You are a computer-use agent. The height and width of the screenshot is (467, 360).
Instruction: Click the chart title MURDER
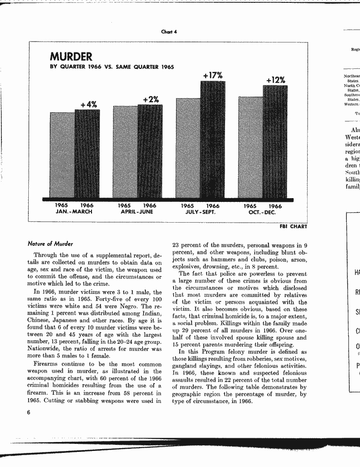coord(71,57)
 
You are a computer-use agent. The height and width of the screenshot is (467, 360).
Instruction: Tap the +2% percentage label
coord(150,99)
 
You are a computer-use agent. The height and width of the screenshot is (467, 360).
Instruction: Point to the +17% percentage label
coord(213,75)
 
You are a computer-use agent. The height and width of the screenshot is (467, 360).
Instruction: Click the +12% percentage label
coord(276,80)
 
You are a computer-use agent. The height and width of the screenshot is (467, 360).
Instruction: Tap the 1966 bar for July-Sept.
coord(213,140)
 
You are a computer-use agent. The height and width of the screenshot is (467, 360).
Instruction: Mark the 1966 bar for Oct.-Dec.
coord(276,142)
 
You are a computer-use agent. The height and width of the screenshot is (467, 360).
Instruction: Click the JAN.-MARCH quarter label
coord(74,212)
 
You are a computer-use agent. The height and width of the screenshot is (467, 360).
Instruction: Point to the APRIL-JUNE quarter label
coord(137,212)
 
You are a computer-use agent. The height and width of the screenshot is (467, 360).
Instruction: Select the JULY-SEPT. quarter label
coord(200,212)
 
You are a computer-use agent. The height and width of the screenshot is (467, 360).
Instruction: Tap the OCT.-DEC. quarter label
coord(262,212)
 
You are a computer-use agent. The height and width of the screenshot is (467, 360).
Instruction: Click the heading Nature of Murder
coord(50,244)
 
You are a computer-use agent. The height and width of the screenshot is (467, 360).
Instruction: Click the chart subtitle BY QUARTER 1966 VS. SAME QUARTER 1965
coord(112,67)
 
